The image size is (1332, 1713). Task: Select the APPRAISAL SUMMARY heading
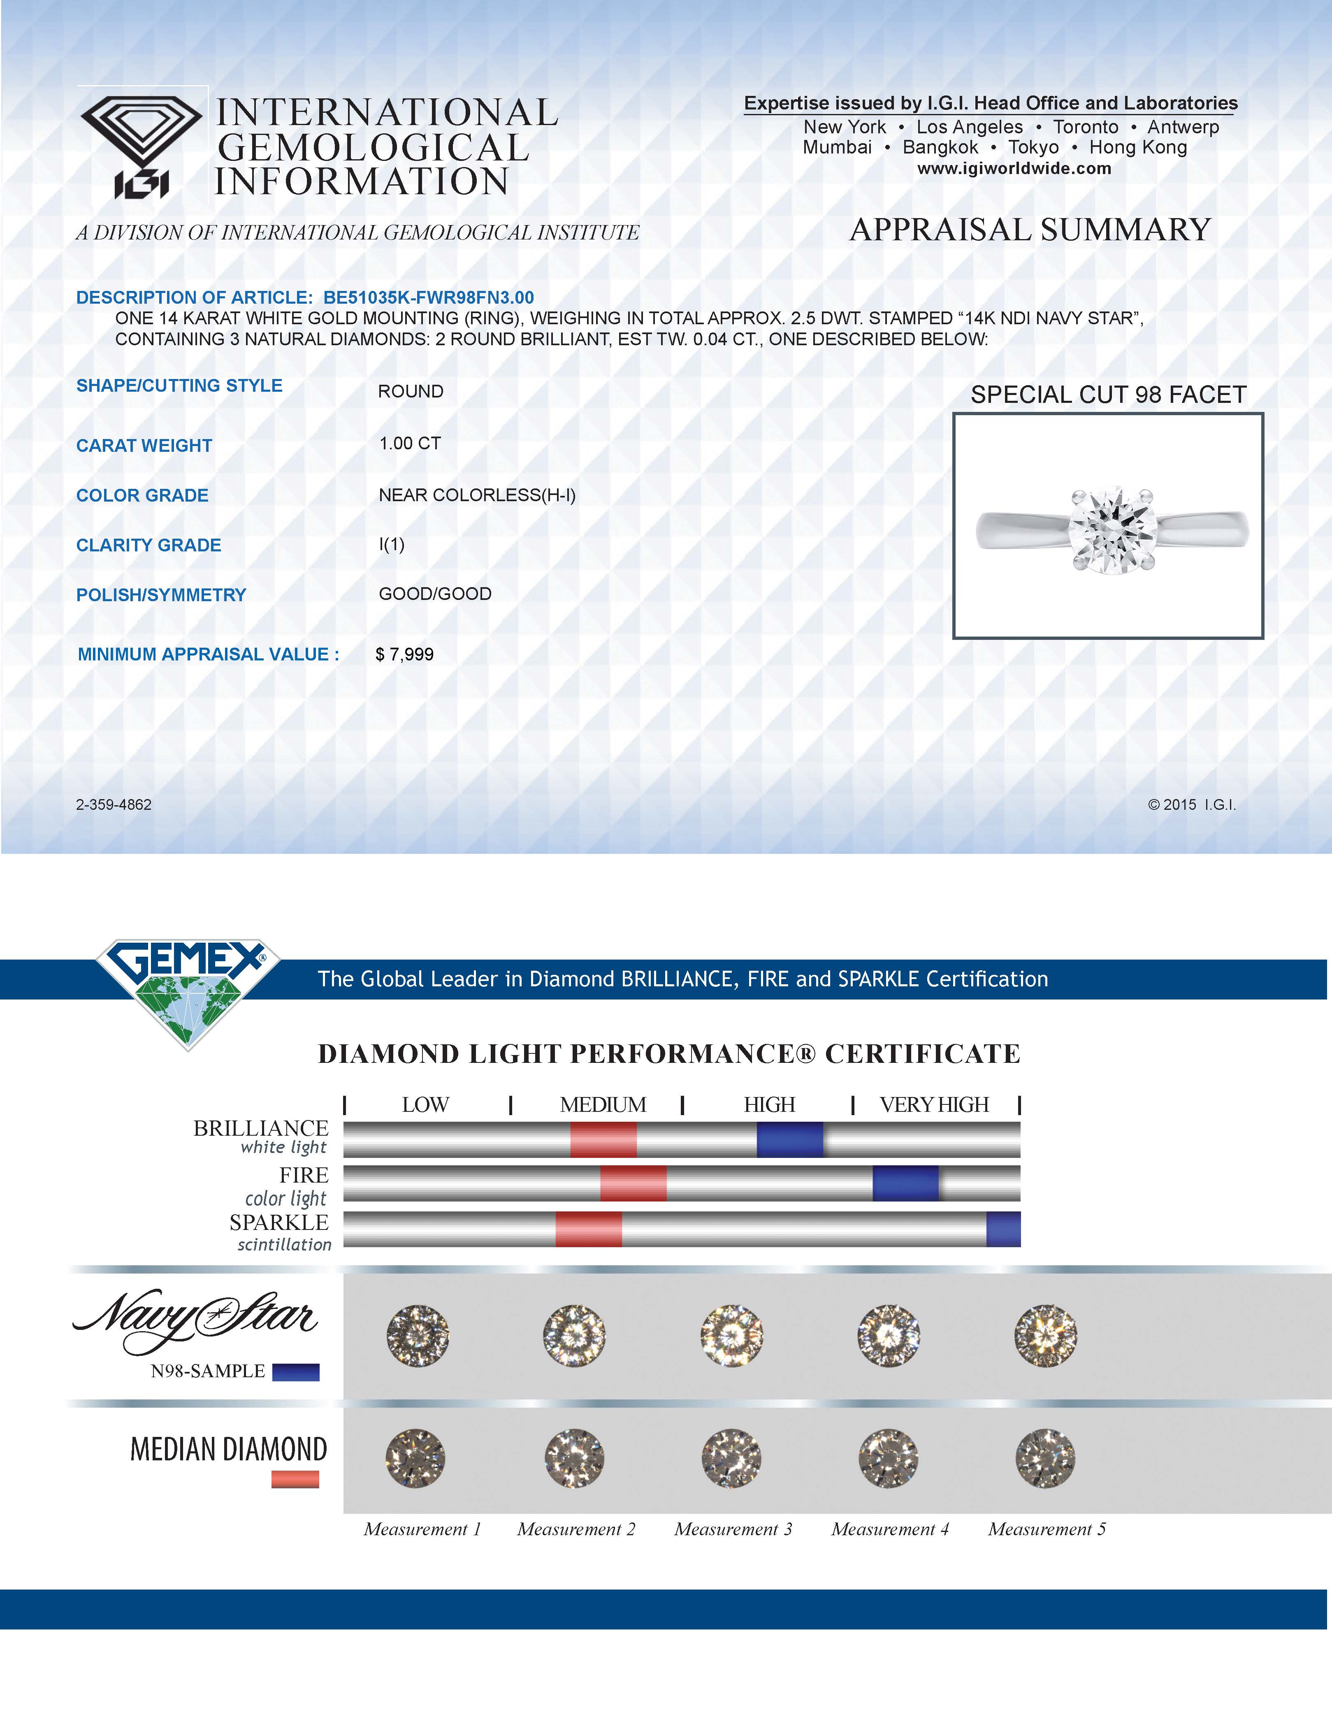point(1030,230)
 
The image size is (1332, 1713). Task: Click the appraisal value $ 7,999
point(404,654)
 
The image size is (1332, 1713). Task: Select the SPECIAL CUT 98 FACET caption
point(1108,395)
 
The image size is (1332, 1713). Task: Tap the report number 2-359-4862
point(114,805)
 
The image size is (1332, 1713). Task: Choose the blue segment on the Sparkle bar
point(1003,1229)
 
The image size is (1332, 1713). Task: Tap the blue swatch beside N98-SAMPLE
point(295,1372)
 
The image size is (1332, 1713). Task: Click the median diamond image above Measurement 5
point(1045,1458)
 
